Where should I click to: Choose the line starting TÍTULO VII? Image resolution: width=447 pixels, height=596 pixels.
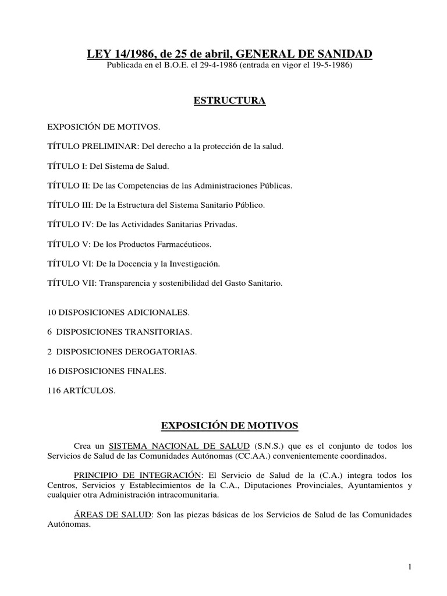click(x=165, y=283)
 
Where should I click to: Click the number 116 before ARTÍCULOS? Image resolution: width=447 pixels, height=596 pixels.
click(x=54, y=391)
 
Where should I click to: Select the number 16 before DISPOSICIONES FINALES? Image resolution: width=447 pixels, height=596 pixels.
click(x=51, y=371)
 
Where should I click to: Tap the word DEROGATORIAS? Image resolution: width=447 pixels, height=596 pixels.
click(x=165, y=352)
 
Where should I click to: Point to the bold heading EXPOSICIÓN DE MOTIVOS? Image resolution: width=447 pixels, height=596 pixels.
click(x=229, y=425)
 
